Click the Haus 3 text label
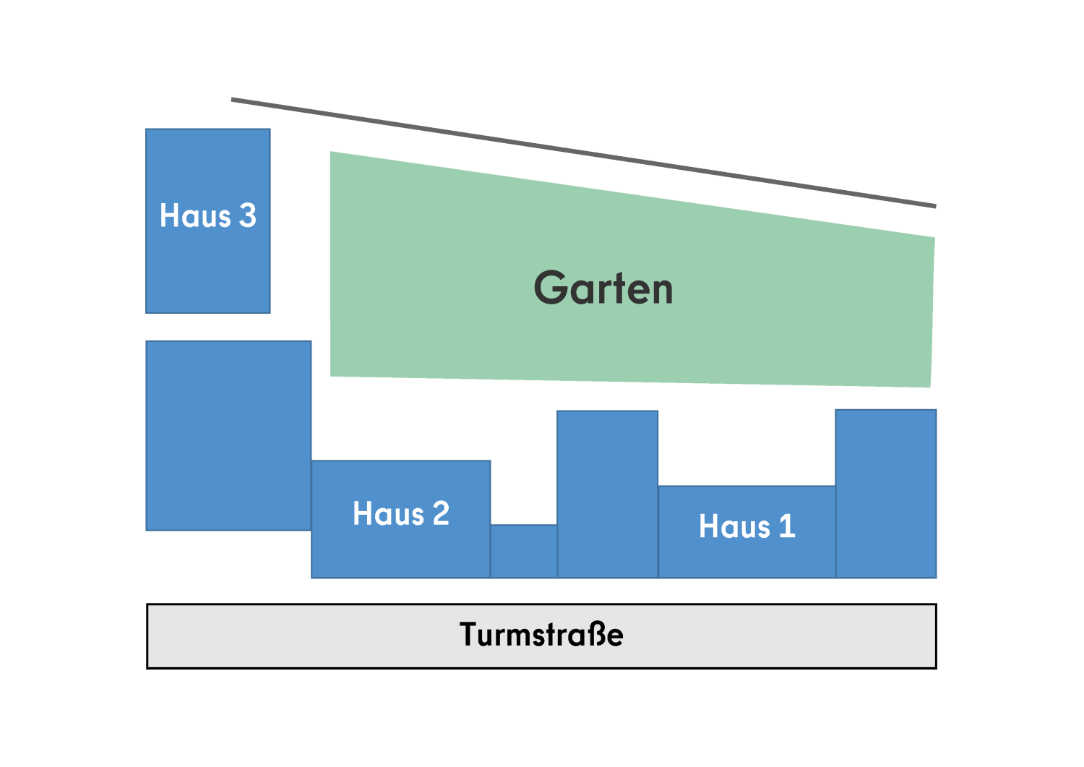click(208, 215)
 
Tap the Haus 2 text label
click(401, 514)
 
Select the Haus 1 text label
click(747, 526)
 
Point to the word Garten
click(603, 288)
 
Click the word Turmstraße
click(541, 635)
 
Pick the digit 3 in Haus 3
click(248, 215)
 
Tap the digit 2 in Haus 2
click(441, 514)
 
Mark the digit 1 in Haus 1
click(787, 526)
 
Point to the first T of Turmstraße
click(470, 634)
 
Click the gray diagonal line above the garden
click(583, 153)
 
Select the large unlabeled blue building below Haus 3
click(228, 436)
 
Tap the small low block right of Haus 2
click(524, 551)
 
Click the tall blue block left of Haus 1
click(608, 494)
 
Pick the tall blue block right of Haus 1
click(886, 494)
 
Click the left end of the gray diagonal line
click(233, 100)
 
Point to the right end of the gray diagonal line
click(934, 206)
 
